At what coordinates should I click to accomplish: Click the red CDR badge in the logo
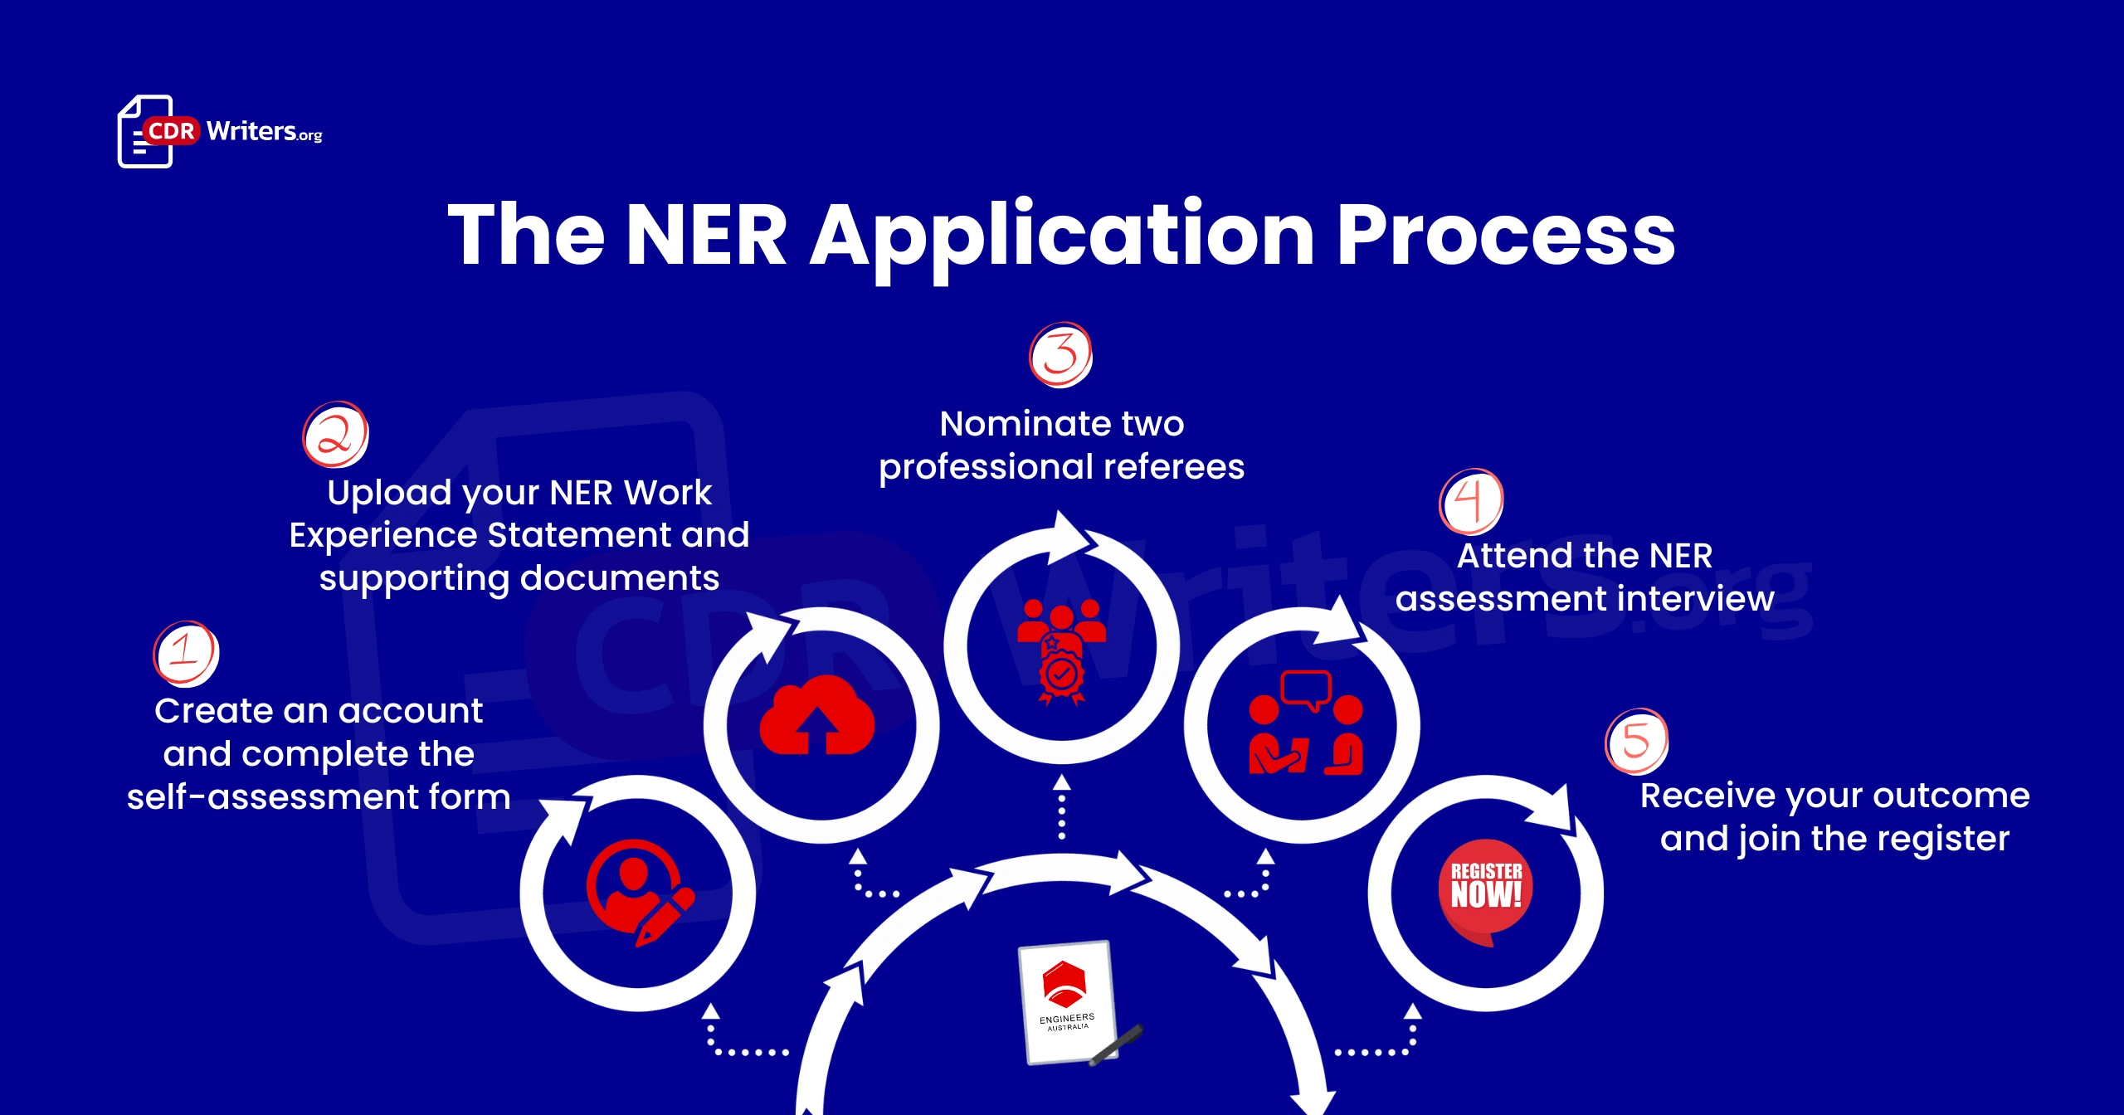tap(171, 131)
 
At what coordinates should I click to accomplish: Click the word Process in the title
tap(1505, 236)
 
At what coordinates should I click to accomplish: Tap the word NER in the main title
tap(706, 236)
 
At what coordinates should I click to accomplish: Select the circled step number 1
tap(186, 654)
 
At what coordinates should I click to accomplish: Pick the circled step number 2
tap(335, 435)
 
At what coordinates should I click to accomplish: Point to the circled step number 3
tap(1061, 355)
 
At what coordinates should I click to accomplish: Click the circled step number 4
tap(1471, 501)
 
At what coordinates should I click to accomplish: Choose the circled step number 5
tap(1636, 741)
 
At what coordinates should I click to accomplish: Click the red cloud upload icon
tap(817, 715)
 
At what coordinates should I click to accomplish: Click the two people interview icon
tap(1306, 723)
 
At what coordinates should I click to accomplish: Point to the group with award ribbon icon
tap(1061, 652)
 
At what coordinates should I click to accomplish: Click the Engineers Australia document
tap(1067, 1002)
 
